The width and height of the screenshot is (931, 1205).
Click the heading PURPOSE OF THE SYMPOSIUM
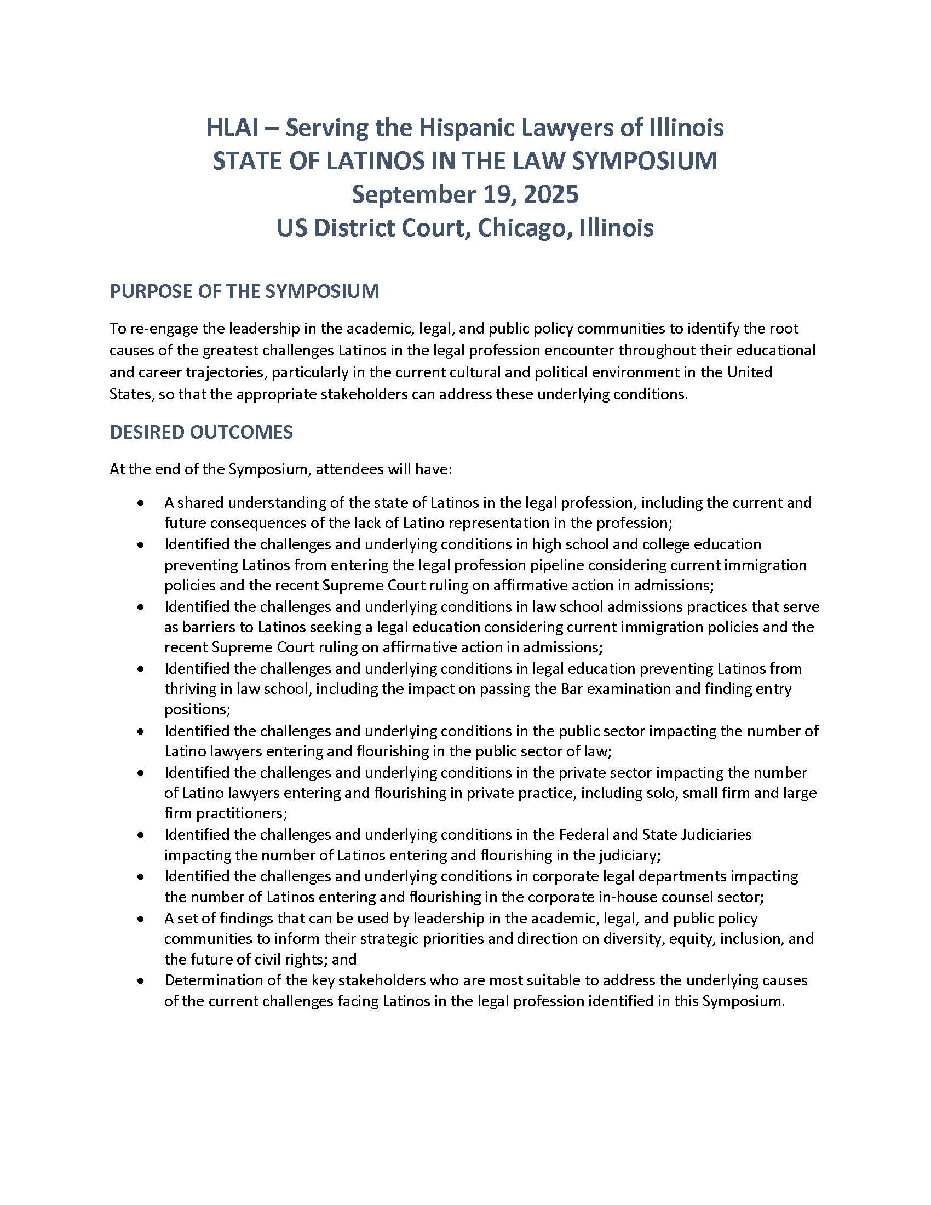pyautogui.click(x=244, y=291)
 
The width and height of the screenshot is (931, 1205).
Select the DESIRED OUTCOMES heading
pyautogui.click(x=202, y=432)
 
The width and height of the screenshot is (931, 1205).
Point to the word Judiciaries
pyautogui.click(x=716, y=835)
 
